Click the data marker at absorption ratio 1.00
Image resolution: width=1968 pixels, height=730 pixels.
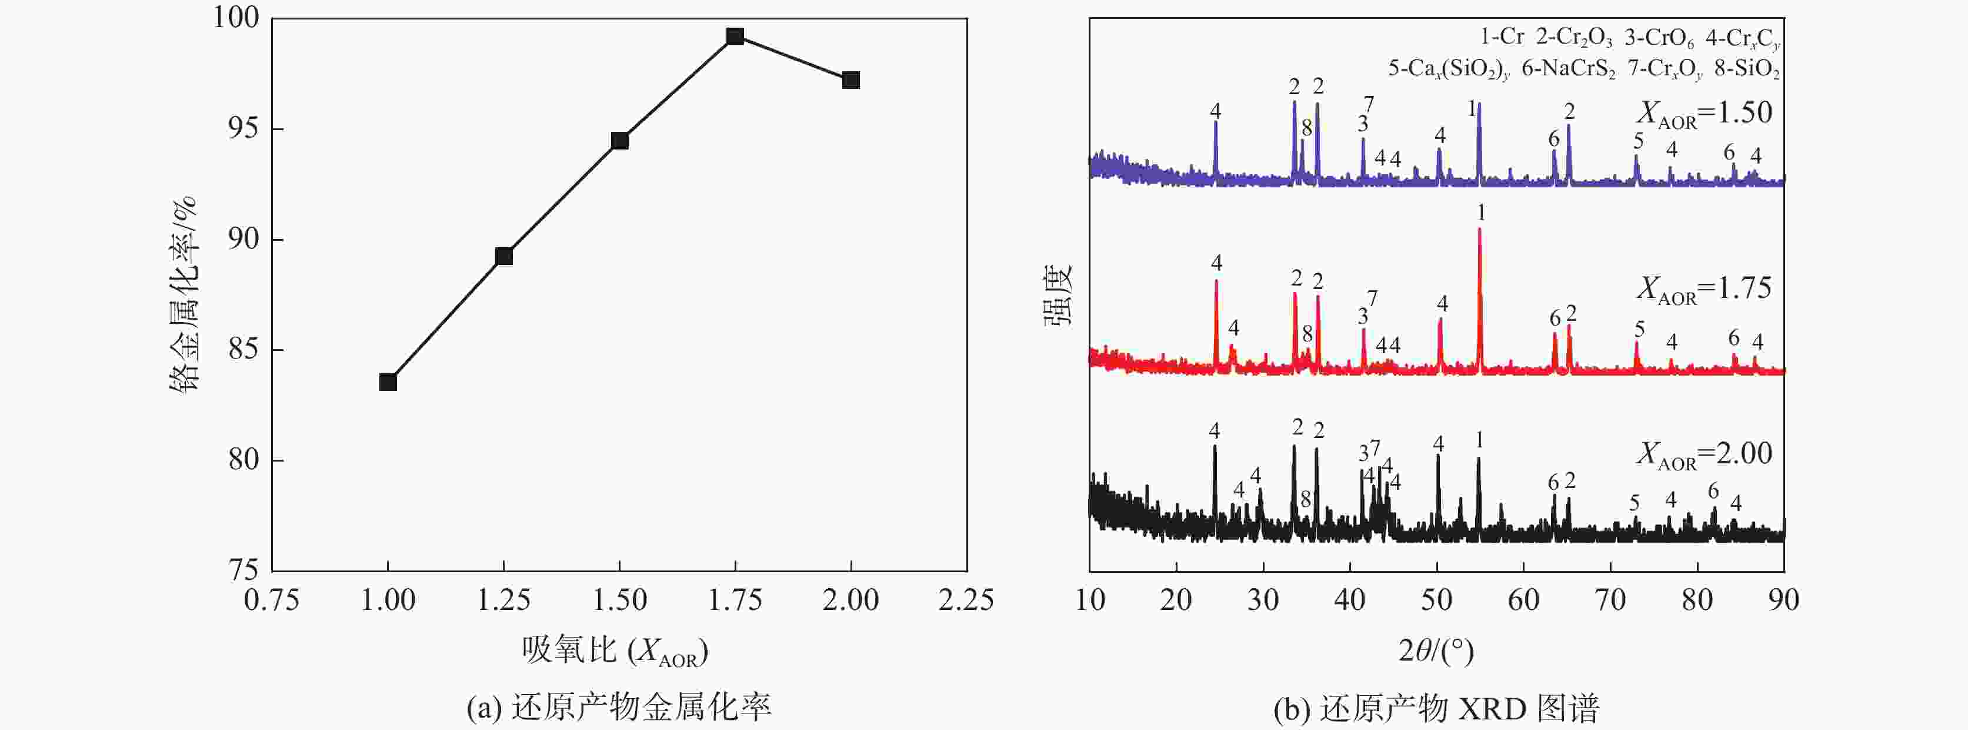(388, 382)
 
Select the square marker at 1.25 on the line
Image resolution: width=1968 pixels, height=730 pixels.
(503, 256)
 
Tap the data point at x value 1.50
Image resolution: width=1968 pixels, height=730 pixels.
(619, 141)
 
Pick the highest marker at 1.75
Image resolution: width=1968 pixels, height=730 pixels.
(735, 36)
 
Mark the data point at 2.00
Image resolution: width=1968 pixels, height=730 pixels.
(850, 80)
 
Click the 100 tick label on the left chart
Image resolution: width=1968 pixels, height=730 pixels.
(236, 18)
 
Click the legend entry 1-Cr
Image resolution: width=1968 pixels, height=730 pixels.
(1502, 36)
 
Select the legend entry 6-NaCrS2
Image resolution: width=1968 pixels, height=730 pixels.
(1569, 69)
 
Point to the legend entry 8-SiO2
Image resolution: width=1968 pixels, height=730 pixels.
(1747, 69)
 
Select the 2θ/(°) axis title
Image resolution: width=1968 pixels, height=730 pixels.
(1436, 651)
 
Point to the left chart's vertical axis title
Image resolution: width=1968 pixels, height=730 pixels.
(184, 294)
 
